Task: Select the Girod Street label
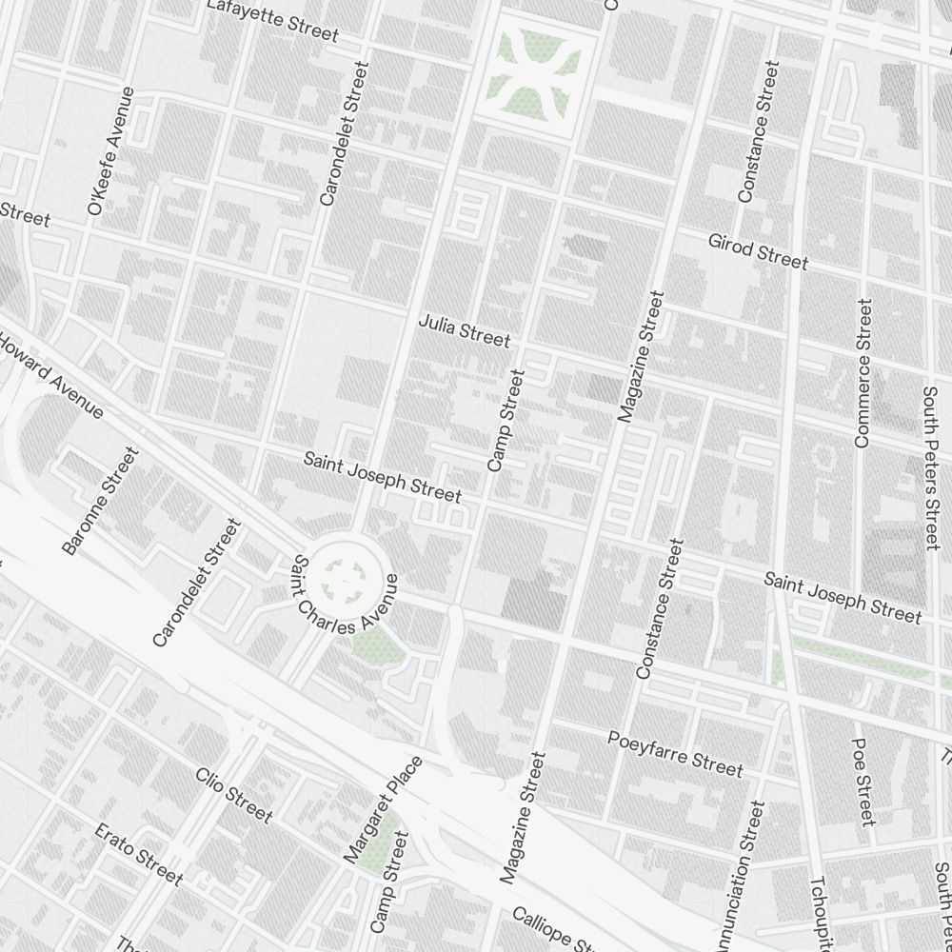758,251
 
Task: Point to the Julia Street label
465,331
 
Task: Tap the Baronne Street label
100,501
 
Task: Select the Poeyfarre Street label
675,752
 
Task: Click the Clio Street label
234,795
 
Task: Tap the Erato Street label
138,853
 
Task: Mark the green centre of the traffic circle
344,576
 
